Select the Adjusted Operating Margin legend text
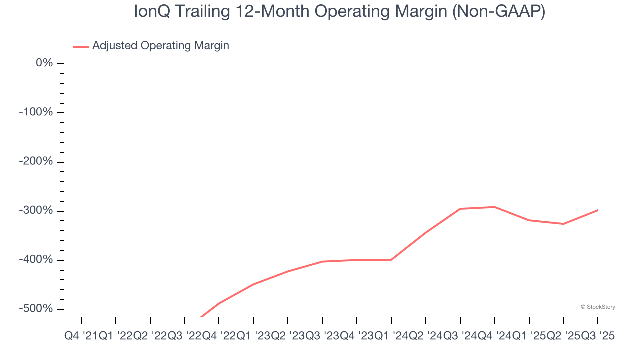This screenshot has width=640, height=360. click(x=160, y=46)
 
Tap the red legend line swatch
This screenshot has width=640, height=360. click(x=81, y=46)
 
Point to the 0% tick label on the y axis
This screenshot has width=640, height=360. click(x=44, y=63)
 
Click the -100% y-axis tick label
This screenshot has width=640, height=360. click(x=36, y=112)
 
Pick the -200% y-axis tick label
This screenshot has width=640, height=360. click(x=36, y=161)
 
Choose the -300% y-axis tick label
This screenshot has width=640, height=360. click(x=36, y=210)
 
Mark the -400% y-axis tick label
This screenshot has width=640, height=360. click(x=36, y=260)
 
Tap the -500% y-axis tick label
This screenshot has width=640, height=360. click(x=36, y=309)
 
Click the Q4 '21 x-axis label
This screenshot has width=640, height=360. click(x=81, y=336)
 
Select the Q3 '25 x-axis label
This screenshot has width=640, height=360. click(x=598, y=336)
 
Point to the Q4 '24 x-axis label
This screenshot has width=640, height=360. click(x=495, y=336)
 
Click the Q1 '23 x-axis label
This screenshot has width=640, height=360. click(x=253, y=336)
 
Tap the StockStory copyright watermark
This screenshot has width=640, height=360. click(x=598, y=307)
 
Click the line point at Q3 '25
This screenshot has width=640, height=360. click(x=598, y=210)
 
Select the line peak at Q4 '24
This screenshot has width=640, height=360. click(x=495, y=207)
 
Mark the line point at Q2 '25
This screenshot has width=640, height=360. click(x=563, y=224)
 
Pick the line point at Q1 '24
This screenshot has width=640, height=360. click(x=391, y=260)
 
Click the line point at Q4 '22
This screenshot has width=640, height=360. click(x=219, y=303)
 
